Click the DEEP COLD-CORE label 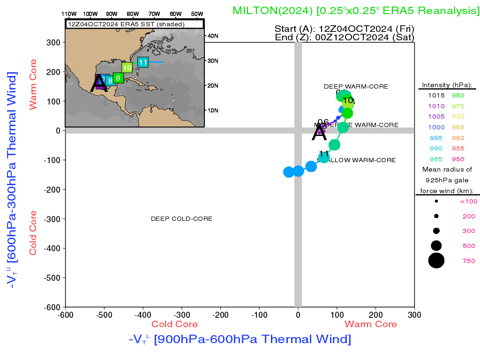181,219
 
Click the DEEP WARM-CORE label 356,87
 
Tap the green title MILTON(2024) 273,10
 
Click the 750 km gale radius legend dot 436,260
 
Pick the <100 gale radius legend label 468,202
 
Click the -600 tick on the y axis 53,307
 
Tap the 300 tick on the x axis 414,315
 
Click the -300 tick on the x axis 181,315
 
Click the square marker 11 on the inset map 143,62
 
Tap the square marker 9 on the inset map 118,78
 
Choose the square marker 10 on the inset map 127,67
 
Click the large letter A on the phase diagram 319,134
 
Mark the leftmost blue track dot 289,172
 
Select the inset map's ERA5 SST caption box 135,24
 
